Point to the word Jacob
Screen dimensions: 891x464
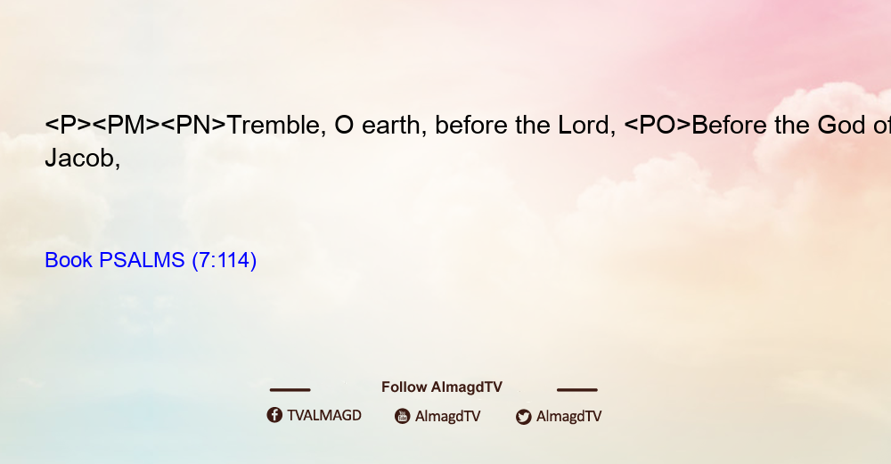[82, 159]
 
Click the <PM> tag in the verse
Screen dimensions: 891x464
[126, 126]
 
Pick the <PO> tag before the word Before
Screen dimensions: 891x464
[658, 126]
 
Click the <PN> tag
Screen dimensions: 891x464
[193, 126]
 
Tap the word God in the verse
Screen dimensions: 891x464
[842, 126]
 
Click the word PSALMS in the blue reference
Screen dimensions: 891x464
[142, 260]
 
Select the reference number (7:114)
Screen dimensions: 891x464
[225, 261]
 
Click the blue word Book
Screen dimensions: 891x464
[69, 260]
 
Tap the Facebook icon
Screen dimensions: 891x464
[274, 415]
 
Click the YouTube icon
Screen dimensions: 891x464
[403, 416]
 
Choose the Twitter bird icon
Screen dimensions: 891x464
[523, 417]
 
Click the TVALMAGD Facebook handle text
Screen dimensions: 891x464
[324, 416]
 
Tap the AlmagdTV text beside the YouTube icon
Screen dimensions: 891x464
[448, 417]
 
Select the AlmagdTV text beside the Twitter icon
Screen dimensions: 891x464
[568, 417]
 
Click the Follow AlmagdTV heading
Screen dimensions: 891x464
[442, 387]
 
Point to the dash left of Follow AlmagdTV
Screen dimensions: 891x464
[290, 390]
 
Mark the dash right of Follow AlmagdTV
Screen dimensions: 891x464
[577, 390]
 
